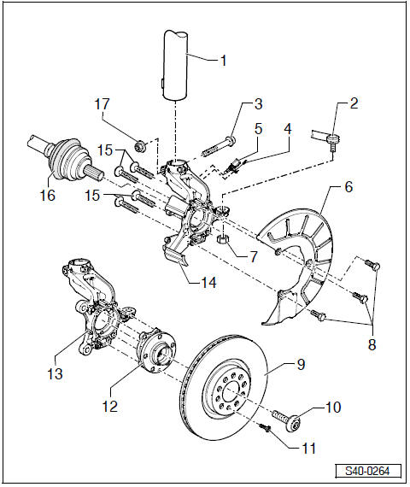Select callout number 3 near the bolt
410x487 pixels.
(257, 105)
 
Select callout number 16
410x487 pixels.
(48, 196)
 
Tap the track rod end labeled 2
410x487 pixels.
(328, 135)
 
